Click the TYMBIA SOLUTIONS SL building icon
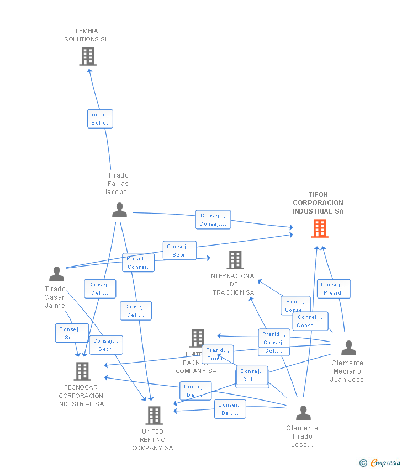[88, 56]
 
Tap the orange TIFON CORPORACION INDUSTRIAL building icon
[320, 228]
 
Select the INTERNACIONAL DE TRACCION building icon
[235, 260]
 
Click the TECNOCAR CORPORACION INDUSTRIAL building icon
[82, 371]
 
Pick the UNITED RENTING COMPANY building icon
[154, 415]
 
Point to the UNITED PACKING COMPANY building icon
[197, 338]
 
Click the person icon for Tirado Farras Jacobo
[119, 210]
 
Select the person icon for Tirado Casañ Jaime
[56, 274]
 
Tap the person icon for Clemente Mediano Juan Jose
[348, 348]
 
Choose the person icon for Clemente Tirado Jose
[303, 413]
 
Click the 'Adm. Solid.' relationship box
[100, 119]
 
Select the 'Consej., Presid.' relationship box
[334, 289]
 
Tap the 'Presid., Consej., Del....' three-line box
[274, 343]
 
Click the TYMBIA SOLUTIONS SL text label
[86, 35]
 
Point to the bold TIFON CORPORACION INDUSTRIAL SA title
[318, 203]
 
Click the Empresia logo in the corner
[380, 462]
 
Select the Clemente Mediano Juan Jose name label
[347, 371]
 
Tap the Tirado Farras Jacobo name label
[118, 184]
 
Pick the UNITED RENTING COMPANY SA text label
[152, 440]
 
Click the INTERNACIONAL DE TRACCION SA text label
[234, 284]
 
